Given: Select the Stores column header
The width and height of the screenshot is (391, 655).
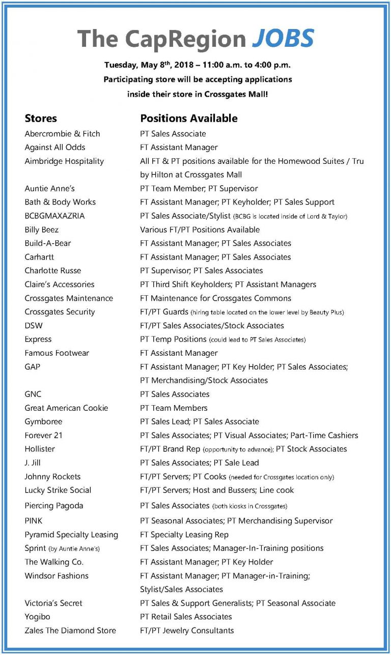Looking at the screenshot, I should pyautogui.click(x=41, y=119).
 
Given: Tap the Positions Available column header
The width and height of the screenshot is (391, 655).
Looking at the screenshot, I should pyautogui.click(x=189, y=119).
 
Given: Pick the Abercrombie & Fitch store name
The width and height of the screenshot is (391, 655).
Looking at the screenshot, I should pyautogui.click(x=62, y=134).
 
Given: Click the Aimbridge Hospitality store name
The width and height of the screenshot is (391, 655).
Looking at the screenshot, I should pyautogui.click(x=64, y=161).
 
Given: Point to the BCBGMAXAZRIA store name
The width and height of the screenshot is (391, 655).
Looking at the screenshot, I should pyautogui.click(x=54, y=216).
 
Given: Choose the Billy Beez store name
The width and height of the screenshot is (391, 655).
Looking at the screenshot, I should pyautogui.click(x=42, y=230).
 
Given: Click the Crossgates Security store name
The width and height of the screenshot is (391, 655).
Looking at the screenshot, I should pyautogui.click(x=60, y=312).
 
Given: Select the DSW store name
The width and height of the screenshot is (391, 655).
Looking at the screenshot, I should pyautogui.click(x=34, y=326).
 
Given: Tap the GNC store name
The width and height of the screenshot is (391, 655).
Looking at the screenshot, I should pyautogui.click(x=33, y=394).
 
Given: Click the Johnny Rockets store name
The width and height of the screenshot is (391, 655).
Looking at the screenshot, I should pyautogui.click(x=52, y=477).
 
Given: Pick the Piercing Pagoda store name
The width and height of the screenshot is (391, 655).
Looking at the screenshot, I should pyautogui.click(x=53, y=506).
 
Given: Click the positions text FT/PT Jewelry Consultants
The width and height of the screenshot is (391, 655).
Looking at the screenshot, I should pyautogui.click(x=187, y=631).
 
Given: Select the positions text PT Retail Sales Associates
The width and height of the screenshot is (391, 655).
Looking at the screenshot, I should pyautogui.click(x=186, y=617).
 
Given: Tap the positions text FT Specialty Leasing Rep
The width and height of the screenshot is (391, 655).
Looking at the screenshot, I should pyautogui.click(x=184, y=535).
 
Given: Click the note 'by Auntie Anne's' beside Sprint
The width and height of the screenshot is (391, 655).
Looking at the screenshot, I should pyautogui.click(x=74, y=549).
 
